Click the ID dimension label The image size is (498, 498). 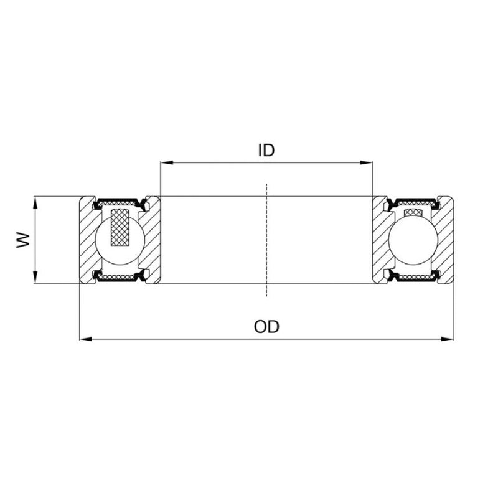(266, 150)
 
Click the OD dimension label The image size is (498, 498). (266, 327)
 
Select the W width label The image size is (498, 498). (23, 240)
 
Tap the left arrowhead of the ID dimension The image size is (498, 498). (165, 164)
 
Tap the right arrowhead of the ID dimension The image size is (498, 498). (367, 164)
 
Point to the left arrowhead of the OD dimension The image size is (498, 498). (85, 339)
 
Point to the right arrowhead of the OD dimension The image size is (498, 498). (448, 339)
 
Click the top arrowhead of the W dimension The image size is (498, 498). (35, 202)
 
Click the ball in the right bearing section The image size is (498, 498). (413, 240)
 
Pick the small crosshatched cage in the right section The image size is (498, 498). (413, 214)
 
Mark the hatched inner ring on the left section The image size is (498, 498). (153, 240)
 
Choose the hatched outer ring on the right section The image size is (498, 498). (447, 240)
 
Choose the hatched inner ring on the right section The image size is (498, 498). (380, 240)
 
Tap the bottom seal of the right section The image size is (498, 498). (413, 277)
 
